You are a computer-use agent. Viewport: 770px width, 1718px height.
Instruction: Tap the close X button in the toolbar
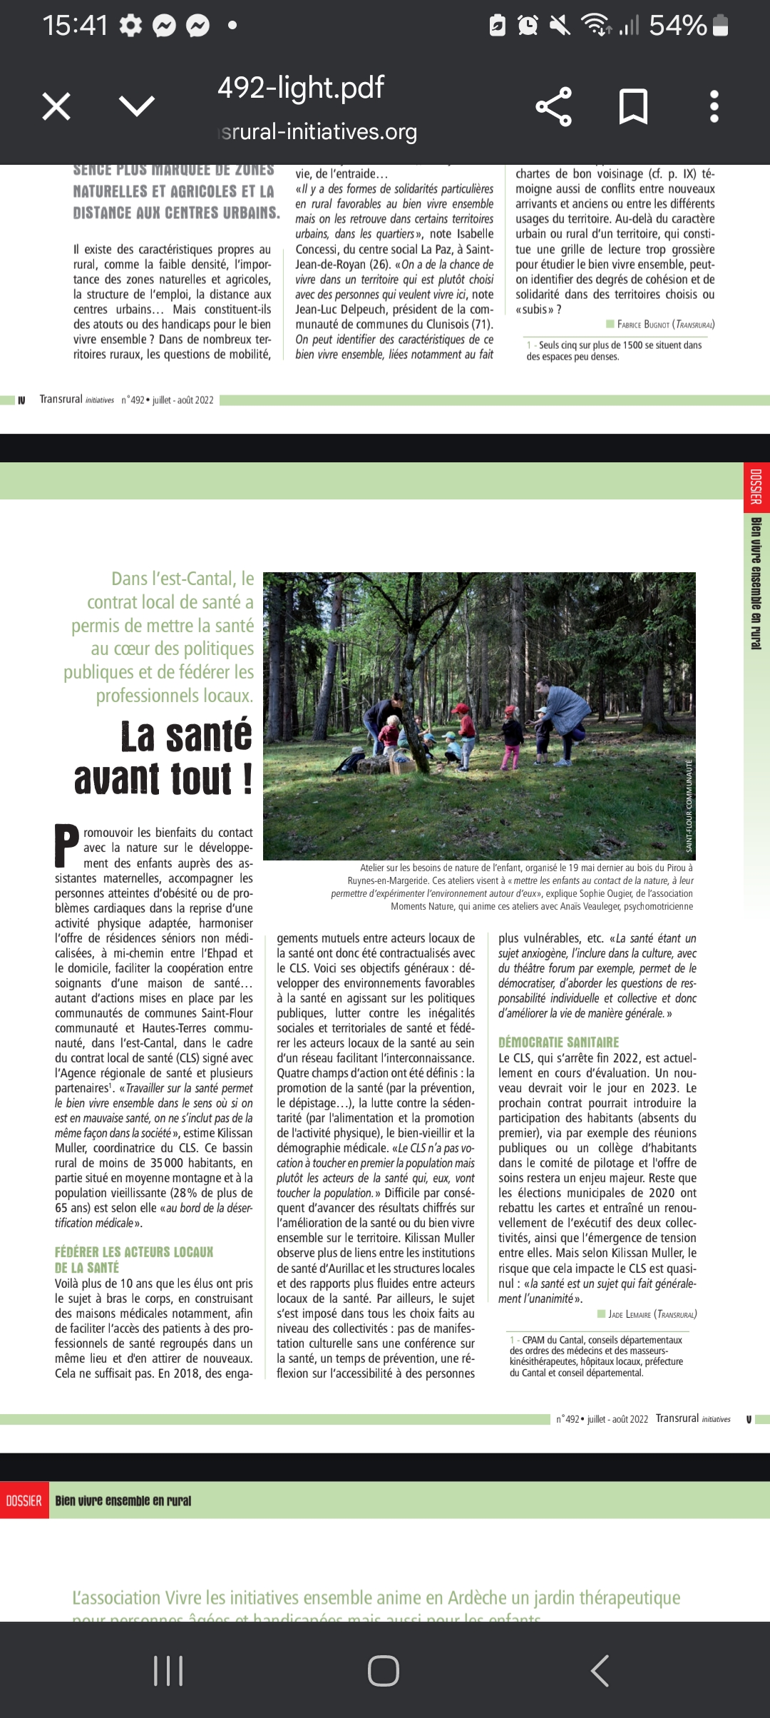(x=56, y=107)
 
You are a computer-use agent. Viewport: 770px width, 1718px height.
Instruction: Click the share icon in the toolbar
(x=554, y=107)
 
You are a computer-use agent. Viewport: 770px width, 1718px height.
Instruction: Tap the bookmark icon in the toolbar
(x=633, y=107)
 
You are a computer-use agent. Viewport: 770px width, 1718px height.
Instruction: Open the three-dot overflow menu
(x=714, y=107)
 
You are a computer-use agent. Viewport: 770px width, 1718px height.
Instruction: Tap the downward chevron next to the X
(x=137, y=107)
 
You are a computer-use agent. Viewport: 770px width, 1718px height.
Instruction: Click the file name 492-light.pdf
(x=300, y=88)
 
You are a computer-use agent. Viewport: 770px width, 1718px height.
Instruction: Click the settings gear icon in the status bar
(x=130, y=26)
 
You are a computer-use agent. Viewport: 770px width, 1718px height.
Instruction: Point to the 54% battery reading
(x=677, y=26)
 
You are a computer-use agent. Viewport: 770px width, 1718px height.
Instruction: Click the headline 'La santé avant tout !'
(x=164, y=757)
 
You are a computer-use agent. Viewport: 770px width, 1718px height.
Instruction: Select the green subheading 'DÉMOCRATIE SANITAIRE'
(x=558, y=1042)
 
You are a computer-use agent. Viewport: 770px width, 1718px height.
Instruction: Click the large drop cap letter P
(x=67, y=846)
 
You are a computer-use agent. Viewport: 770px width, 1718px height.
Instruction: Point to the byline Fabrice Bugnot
(x=643, y=325)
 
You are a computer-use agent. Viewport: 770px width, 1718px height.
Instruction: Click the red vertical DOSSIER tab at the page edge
(x=756, y=486)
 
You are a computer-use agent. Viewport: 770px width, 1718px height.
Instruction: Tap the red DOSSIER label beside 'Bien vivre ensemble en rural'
(x=24, y=1501)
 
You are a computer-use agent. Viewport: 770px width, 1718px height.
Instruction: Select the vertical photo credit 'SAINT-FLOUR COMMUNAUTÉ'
(x=689, y=805)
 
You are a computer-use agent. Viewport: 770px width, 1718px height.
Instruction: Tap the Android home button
(x=384, y=1671)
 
